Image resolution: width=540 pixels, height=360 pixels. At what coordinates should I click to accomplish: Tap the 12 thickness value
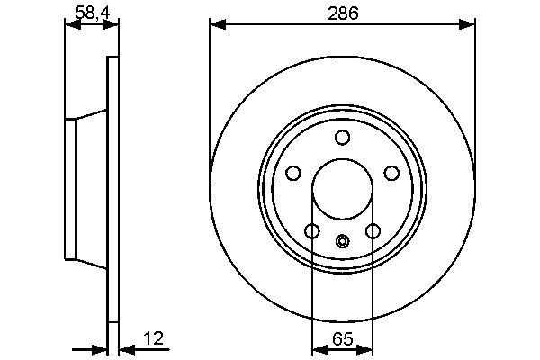pyautogui.click(x=155, y=338)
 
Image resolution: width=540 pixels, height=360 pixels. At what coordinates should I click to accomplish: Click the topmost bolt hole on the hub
pyautogui.click(x=342, y=137)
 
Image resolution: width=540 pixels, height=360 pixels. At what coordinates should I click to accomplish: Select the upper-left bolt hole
pyautogui.click(x=292, y=174)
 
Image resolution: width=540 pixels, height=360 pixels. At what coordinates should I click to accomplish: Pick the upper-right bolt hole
pyautogui.click(x=392, y=174)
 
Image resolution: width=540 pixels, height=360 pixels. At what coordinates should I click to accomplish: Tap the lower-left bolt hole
pyautogui.click(x=311, y=232)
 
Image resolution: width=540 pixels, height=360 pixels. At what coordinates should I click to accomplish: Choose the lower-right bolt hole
pyautogui.click(x=373, y=232)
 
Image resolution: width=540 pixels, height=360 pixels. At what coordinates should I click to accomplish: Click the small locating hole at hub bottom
pyautogui.click(x=342, y=240)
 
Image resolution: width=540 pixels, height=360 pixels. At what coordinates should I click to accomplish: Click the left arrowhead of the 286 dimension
pyautogui.click(x=216, y=23)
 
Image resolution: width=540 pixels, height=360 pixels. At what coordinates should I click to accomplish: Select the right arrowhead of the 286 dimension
pyautogui.click(x=468, y=23)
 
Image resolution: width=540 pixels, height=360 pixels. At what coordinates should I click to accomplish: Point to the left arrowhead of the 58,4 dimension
pyautogui.click(x=72, y=23)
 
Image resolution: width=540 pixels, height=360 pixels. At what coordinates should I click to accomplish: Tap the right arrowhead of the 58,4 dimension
pyautogui.click(x=112, y=23)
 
